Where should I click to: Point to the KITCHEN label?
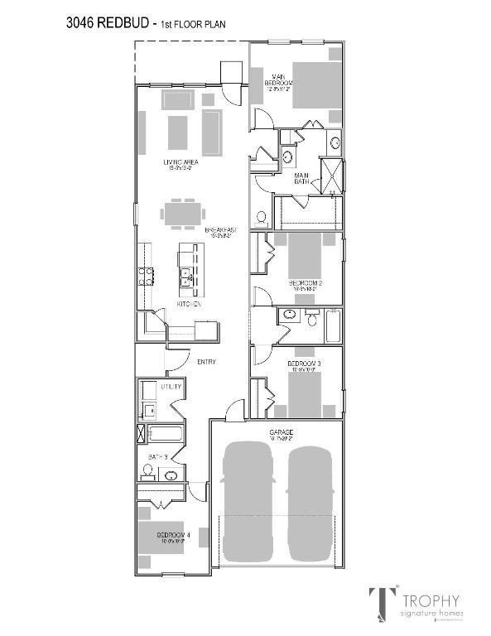point(190,304)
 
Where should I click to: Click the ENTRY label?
point(206,362)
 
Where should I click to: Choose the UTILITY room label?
point(171,386)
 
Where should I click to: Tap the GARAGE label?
point(281,433)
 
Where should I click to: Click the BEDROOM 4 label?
point(174,535)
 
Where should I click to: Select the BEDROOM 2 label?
point(305,283)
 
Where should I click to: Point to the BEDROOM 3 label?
point(304,364)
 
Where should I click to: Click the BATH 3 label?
point(158,456)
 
